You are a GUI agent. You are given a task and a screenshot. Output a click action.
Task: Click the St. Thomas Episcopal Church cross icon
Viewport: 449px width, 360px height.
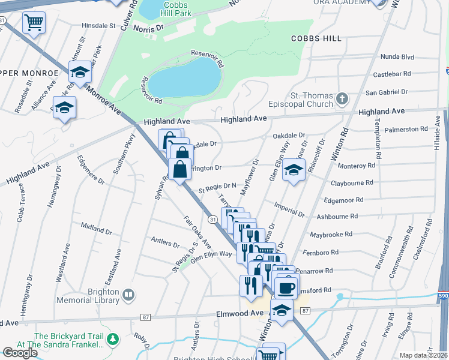click(x=342, y=98)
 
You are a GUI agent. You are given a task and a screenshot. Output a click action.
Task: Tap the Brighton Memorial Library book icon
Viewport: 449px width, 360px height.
click(x=128, y=295)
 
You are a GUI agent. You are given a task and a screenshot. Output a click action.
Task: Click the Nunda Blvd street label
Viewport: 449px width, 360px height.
click(x=397, y=57)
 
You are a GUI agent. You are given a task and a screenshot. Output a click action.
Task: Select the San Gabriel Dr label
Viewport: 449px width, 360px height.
click(x=387, y=92)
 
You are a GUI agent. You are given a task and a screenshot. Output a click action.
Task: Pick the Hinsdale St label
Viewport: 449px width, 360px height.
click(x=99, y=26)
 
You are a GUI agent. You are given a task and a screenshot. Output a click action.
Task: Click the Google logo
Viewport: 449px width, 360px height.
click(x=20, y=352)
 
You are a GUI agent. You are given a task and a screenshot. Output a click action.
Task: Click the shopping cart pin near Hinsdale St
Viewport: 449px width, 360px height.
click(x=34, y=23)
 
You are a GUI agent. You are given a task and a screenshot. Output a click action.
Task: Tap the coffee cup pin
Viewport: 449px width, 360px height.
click(x=286, y=287)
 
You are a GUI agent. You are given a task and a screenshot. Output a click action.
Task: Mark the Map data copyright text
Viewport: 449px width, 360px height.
click(x=424, y=355)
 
